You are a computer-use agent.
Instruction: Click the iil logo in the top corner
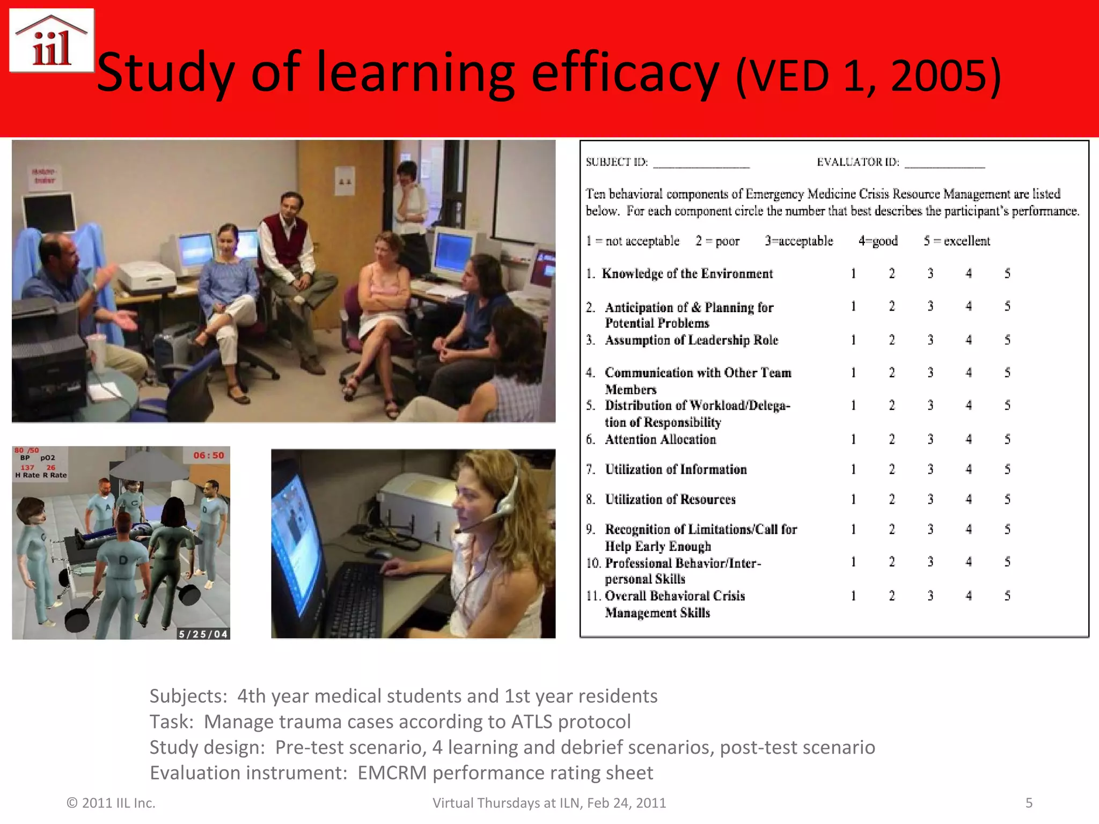click(x=52, y=41)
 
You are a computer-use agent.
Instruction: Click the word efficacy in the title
click(x=625, y=73)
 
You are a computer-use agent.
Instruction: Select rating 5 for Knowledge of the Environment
click(x=1007, y=274)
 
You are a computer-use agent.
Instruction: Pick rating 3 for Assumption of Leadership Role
click(x=931, y=340)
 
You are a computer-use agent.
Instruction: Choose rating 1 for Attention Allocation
click(x=853, y=439)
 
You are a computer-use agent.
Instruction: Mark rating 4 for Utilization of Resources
click(x=969, y=499)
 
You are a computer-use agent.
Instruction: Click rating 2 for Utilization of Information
click(x=892, y=469)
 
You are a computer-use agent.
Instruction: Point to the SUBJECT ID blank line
click(x=701, y=164)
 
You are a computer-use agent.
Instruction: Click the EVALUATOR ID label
click(x=858, y=162)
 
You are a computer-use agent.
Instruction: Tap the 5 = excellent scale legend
click(x=956, y=241)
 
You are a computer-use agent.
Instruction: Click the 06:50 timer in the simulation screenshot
click(x=209, y=455)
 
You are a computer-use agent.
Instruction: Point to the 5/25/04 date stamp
click(x=203, y=634)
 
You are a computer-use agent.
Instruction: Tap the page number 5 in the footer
click(x=1029, y=803)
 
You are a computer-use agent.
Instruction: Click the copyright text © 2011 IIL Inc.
click(x=111, y=803)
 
